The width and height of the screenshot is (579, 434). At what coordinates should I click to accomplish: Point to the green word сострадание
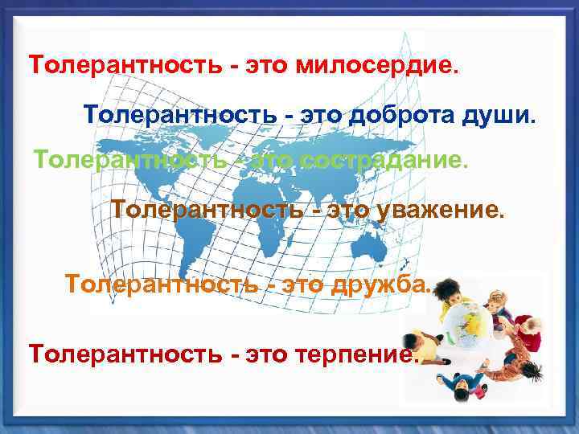pyautogui.click(x=383, y=160)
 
